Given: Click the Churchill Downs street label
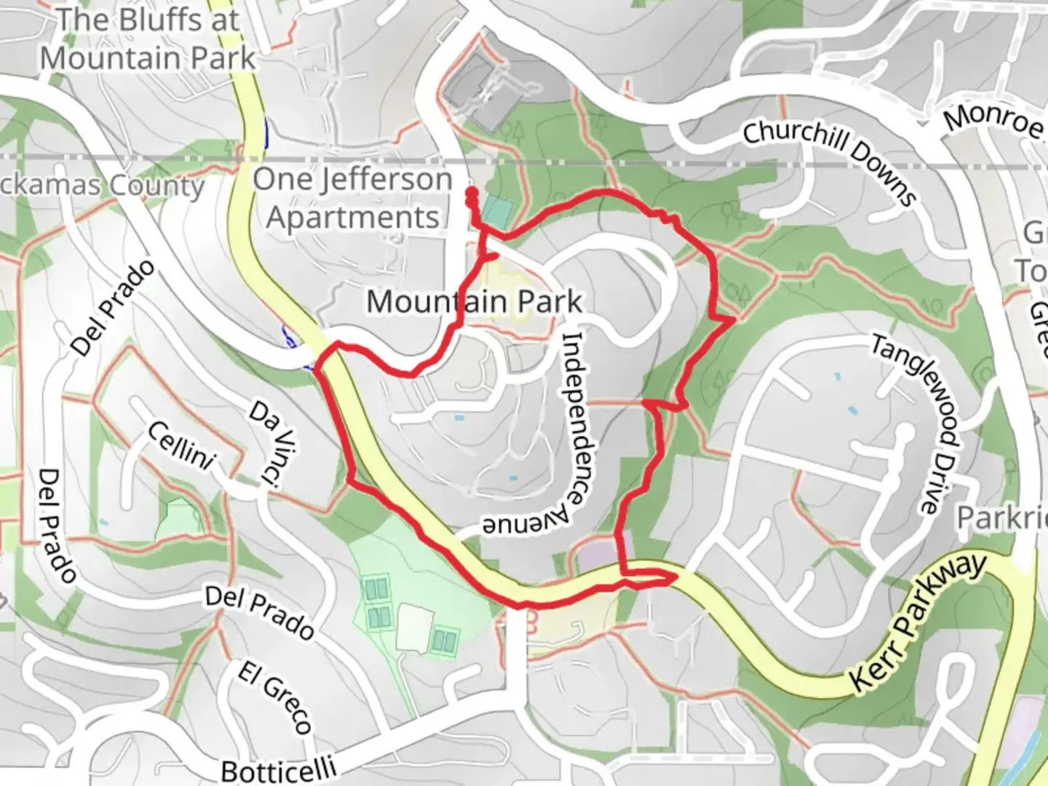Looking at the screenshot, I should click(x=829, y=162).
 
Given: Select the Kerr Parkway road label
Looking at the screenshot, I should click(x=918, y=623).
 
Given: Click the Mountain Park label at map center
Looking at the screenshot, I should click(x=475, y=301).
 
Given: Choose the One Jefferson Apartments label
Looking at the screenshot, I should click(x=353, y=198).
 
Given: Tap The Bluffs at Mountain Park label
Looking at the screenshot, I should click(x=148, y=39).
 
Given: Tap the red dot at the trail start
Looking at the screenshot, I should click(x=472, y=193).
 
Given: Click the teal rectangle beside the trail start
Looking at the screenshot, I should click(x=497, y=211).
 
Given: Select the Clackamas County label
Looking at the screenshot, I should click(x=102, y=185).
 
